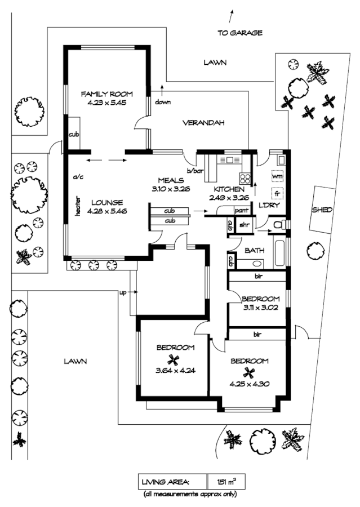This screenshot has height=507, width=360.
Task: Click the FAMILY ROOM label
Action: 106,94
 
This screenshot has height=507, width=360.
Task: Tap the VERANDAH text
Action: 203,123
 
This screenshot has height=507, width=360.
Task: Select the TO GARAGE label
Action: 239,33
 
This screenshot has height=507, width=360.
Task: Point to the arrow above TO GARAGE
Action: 231,16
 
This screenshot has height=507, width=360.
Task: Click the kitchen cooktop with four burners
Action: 245,179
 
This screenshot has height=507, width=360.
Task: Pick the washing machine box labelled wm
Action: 277,176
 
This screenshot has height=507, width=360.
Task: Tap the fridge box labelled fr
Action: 277,193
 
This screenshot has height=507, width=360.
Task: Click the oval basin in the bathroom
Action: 257,264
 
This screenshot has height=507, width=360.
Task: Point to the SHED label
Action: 322,210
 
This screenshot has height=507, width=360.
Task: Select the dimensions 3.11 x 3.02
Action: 260,308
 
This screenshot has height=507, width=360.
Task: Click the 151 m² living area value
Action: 226,482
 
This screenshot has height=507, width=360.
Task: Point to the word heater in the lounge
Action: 77,207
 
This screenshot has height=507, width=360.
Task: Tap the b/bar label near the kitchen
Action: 195,171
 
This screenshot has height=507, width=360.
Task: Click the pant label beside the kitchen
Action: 241,211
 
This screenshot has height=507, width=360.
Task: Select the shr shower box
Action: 245,224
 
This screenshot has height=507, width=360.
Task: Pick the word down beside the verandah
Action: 163,102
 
